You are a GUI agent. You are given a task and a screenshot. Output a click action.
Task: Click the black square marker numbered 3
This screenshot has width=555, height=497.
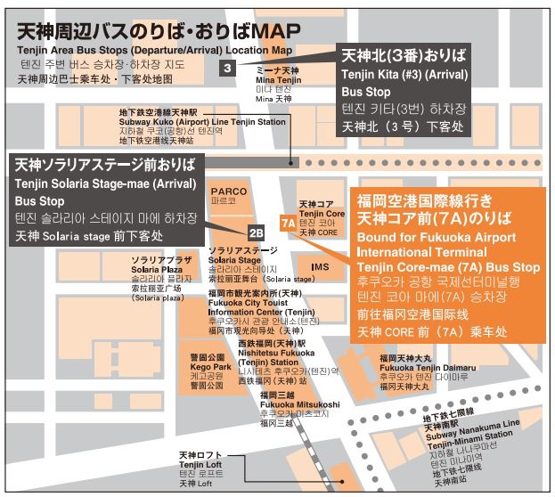[228, 68]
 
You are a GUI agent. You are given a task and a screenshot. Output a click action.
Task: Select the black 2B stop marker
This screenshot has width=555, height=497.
[256, 233]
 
